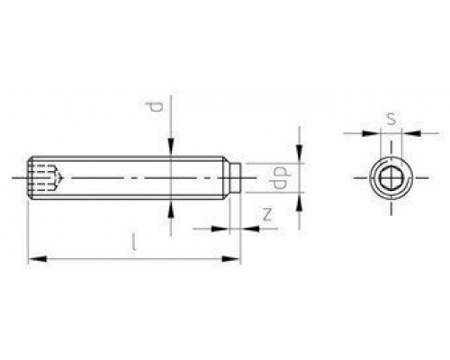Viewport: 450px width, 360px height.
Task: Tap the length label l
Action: tap(135, 243)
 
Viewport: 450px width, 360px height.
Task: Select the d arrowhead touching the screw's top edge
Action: tap(171, 149)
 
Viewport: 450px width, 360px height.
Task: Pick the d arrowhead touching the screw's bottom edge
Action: tap(171, 208)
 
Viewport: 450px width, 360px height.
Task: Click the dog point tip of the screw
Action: tap(235, 177)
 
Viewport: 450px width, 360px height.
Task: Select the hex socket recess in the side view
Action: tap(45, 177)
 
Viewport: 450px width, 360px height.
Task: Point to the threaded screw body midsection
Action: tap(135, 177)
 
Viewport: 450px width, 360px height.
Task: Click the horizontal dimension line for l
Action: tap(135, 260)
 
